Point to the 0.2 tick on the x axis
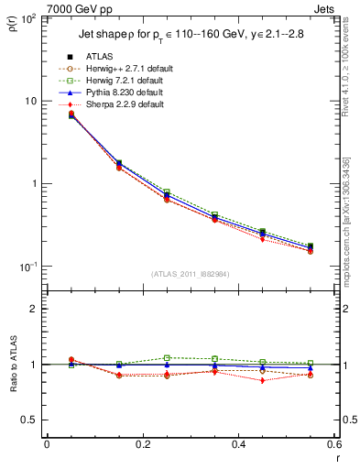click(142, 444)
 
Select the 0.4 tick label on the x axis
click(238, 444)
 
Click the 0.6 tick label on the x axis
click(333, 444)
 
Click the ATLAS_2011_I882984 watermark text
click(190, 274)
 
